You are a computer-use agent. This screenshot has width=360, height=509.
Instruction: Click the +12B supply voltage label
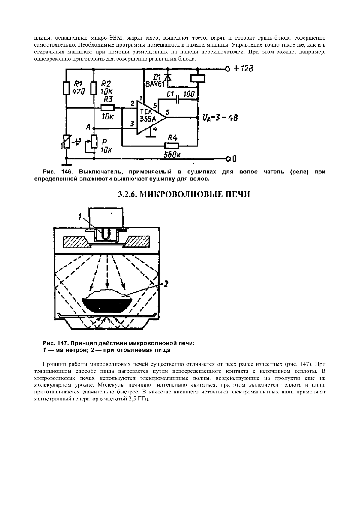point(243,69)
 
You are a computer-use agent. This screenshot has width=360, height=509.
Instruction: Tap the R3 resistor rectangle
point(107,108)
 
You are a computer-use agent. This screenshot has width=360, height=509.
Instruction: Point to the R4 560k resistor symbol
point(172,146)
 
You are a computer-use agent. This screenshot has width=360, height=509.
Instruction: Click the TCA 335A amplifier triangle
point(150,117)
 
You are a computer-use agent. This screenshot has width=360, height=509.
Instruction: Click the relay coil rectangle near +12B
point(198,78)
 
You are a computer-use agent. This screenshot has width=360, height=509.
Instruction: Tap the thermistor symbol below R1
point(66,141)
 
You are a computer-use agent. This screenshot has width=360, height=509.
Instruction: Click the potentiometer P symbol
point(94,142)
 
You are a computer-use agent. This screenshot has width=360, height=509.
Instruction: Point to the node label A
point(88,127)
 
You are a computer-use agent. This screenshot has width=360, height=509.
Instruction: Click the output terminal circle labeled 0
point(229,158)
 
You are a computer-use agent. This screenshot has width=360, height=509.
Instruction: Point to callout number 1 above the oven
point(80,217)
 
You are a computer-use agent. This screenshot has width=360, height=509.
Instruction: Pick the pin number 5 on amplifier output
point(168,113)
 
